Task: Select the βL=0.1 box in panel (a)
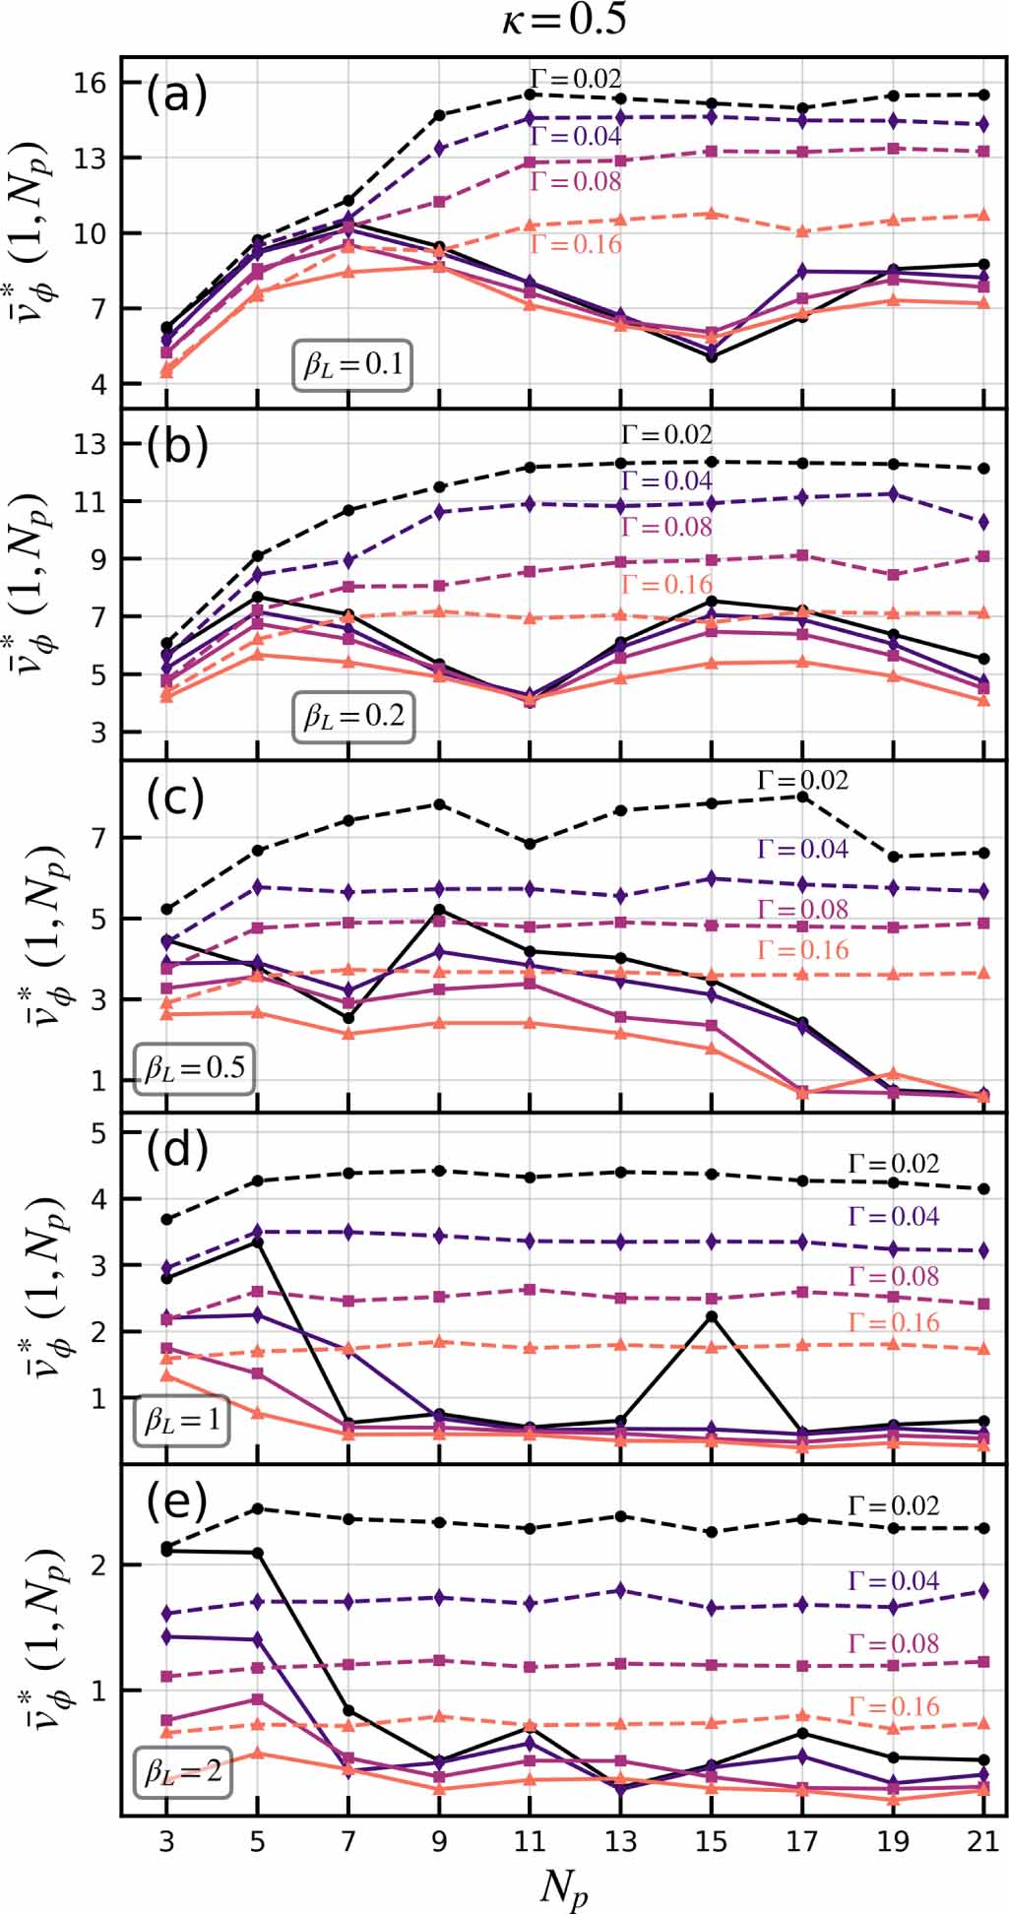[352, 365]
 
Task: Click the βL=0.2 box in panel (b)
[353, 716]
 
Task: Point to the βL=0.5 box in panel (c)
[195, 1068]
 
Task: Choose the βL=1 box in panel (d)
[182, 1420]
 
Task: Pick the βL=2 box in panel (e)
[183, 1772]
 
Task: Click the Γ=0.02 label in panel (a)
[576, 78]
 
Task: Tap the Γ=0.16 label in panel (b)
[666, 585]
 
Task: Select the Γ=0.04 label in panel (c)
[802, 849]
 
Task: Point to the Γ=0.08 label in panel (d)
[894, 1277]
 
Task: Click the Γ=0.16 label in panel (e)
[894, 1706]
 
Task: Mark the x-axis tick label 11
[530, 1842]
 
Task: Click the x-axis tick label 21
[983, 1842]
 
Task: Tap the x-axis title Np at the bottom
[564, 1888]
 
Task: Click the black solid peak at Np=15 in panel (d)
[712, 1316]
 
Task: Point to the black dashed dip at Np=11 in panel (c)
[530, 844]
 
